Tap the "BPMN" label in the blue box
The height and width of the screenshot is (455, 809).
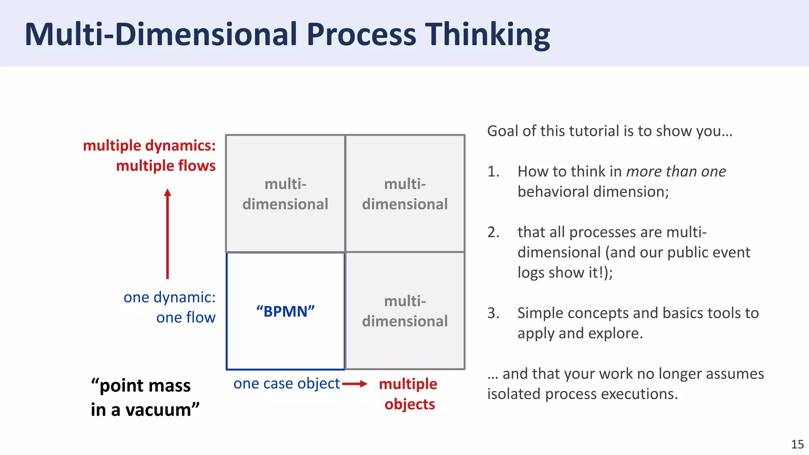click(285, 312)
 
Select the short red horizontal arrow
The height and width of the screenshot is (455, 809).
click(354, 384)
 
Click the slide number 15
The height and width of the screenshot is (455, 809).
click(797, 444)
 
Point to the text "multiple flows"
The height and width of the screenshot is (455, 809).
click(166, 166)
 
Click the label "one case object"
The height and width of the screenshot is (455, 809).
click(286, 384)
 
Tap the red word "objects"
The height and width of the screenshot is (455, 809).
click(410, 404)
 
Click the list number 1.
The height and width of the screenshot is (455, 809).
click(493, 172)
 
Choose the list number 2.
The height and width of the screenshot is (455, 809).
click(493, 232)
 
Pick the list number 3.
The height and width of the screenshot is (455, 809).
click(493, 313)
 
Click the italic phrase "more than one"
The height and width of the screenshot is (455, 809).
click(676, 172)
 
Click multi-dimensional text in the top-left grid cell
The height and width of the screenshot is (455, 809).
click(285, 194)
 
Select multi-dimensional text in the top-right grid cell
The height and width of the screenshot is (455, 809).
click(405, 194)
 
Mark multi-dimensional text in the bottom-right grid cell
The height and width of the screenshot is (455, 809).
click(405, 311)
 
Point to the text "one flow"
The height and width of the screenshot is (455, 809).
click(186, 318)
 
